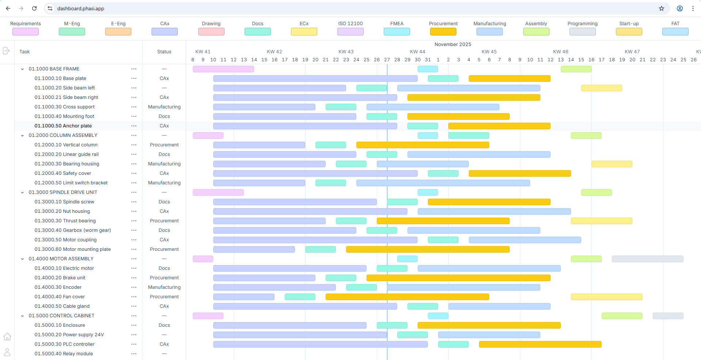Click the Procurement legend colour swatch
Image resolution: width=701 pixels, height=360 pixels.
click(x=443, y=32)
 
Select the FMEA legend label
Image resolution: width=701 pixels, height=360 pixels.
click(x=397, y=24)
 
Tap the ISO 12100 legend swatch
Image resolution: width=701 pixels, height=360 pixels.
click(x=350, y=32)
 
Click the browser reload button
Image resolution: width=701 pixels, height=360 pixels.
click(x=34, y=8)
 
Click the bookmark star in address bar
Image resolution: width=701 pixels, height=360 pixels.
click(x=661, y=8)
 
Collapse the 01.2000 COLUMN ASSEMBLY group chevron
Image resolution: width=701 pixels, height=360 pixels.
click(x=22, y=135)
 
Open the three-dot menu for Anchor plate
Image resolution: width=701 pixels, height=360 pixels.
click(x=134, y=126)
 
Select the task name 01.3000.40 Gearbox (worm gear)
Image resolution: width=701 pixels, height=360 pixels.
click(x=73, y=230)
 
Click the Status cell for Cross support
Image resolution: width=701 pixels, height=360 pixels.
click(x=164, y=107)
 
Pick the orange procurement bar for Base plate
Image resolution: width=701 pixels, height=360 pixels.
click(x=509, y=78)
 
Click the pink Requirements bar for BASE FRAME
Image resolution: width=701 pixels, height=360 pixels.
click(x=223, y=69)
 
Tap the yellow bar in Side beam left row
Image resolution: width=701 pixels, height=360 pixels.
click(x=601, y=88)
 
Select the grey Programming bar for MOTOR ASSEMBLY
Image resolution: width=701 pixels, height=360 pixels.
click(x=647, y=259)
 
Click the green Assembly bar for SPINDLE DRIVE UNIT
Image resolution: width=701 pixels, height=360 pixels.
click(x=596, y=192)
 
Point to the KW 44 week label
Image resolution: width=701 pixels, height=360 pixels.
click(x=417, y=52)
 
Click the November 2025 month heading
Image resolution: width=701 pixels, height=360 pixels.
click(x=453, y=45)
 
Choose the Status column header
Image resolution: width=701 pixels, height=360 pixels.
click(x=164, y=52)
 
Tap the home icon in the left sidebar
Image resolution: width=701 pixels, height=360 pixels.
click(x=7, y=337)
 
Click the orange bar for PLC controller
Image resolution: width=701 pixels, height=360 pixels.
click(x=540, y=344)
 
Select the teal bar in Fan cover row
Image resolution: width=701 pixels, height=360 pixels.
click(x=300, y=297)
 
